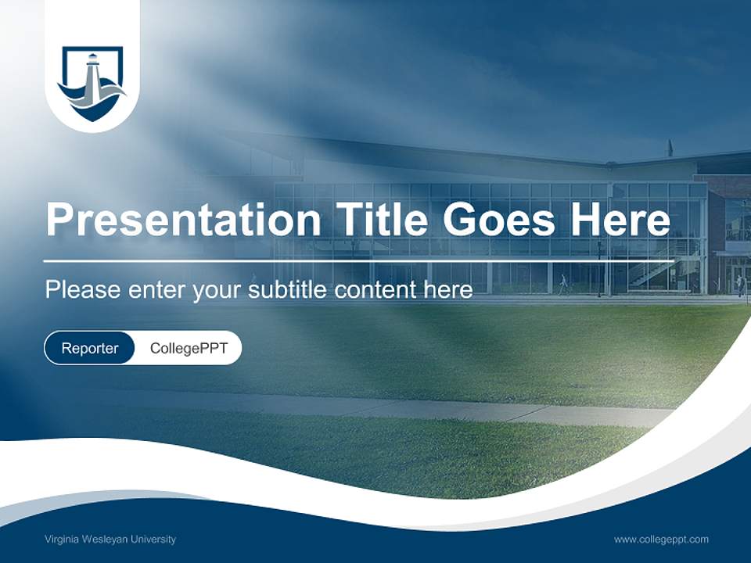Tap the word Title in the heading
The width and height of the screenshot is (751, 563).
(x=378, y=220)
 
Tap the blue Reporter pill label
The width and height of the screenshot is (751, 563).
(x=90, y=349)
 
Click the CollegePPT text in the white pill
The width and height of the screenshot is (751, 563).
(x=189, y=349)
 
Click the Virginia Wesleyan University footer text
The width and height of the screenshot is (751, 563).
(x=110, y=540)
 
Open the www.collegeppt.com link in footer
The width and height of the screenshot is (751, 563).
(x=661, y=540)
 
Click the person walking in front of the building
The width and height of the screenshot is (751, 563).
(x=562, y=284)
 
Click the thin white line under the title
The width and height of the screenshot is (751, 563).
(x=358, y=260)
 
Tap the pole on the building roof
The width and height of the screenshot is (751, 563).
(x=669, y=149)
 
